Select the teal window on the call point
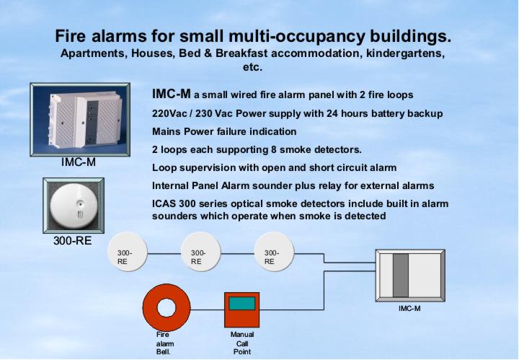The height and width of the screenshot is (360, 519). click(242, 304)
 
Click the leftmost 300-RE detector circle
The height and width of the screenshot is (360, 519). click(128, 252)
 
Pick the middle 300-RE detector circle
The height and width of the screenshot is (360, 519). click(200, 252)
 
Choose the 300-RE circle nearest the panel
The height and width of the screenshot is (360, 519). click(274, 252)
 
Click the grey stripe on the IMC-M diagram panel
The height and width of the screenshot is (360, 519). click(401, 276)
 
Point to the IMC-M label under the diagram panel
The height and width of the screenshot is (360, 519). click(409, 309)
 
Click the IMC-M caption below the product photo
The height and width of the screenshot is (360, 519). click(79, 162)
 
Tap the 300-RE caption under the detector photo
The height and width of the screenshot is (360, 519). click(73, 240)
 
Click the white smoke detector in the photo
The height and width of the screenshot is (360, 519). click(74, 206)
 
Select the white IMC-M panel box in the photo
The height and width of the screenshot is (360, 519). click(85, 120)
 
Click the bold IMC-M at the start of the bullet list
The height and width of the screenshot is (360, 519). click(171, 94)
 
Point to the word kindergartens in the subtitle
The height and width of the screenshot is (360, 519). click(405, 53)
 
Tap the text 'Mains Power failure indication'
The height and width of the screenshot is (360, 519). click(224, 131)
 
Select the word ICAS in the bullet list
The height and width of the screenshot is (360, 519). click(164, 203)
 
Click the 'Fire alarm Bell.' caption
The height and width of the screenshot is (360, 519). click(164, 343)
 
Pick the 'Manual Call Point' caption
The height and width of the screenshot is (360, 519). click(242, 343)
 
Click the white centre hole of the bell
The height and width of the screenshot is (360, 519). click(167, 307)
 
